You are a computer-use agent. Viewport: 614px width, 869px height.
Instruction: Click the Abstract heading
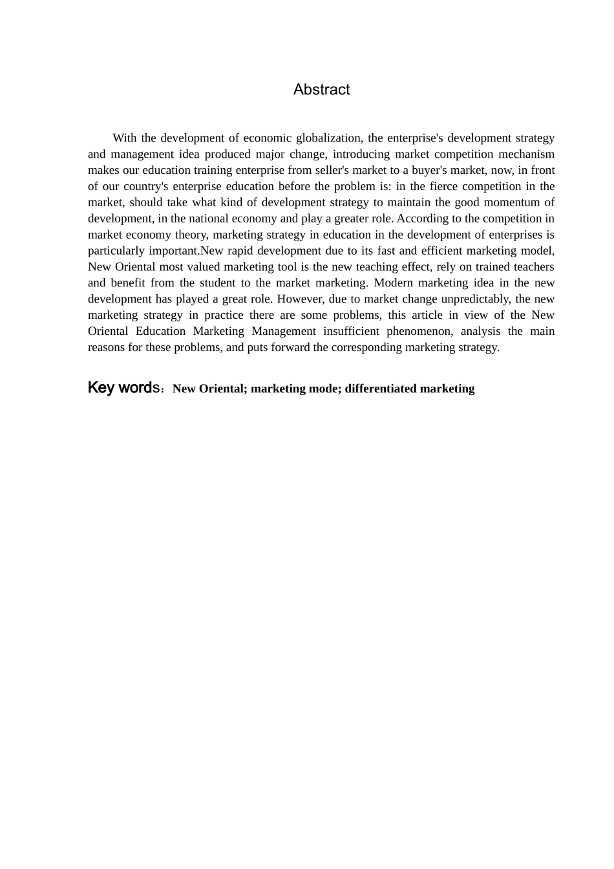click(321, 89)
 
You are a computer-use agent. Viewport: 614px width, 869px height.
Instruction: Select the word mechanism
click(527, 154)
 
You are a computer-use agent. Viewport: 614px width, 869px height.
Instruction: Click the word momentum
click(509, 202)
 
